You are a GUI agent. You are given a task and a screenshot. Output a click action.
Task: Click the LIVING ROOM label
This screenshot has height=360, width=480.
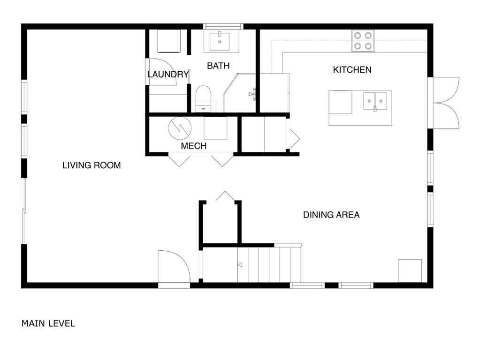(91, 165)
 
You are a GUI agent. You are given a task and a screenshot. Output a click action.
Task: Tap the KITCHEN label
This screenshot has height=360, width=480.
(352, 70)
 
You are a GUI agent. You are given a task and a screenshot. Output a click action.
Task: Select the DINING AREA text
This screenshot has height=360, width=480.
(331, 215)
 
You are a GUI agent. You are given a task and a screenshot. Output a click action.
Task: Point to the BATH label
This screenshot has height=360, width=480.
(218, 66)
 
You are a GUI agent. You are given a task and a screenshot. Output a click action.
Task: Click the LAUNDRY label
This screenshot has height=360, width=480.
(168, 75)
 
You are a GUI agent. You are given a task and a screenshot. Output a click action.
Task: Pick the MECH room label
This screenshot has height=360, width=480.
(194, 146)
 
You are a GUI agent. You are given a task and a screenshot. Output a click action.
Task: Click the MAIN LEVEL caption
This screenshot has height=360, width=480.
(48, 323)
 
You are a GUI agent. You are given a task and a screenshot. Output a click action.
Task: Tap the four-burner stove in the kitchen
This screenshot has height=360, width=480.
(363, 40)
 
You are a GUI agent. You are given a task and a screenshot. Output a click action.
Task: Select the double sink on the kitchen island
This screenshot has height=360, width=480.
(375, 101)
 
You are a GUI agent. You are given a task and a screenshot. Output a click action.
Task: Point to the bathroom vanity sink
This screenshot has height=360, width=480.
(219, 41)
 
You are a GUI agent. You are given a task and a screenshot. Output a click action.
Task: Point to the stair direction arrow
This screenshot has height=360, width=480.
(240, 265)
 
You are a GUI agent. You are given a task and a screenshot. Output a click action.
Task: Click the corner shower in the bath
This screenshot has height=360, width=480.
(240, 93)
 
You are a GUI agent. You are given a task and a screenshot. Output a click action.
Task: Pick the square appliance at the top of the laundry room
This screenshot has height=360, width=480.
(168, 41)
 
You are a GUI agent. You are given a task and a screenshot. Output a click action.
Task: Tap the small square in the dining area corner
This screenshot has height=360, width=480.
(410, 270)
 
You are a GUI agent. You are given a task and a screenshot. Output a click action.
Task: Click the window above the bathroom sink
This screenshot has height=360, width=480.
(223, 26)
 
